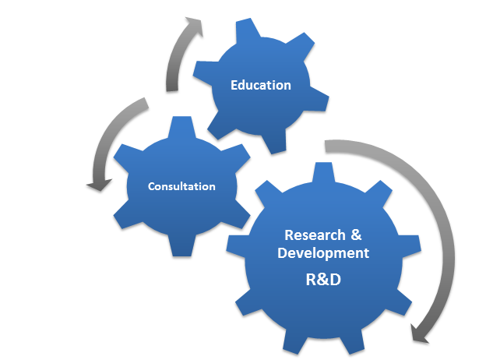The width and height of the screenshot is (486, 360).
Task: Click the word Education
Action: [x=261, y=85]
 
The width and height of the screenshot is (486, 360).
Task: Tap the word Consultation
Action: [x=181, y=186]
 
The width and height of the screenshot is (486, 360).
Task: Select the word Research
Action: [x=315, y=235]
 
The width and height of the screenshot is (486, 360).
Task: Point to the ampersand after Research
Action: [x=356, y=235]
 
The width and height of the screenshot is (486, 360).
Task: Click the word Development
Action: [x=323, y=253]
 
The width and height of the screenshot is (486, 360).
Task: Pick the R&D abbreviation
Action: [x=323, y=280]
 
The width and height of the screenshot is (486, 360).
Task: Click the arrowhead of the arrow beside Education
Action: [x=195, y=26]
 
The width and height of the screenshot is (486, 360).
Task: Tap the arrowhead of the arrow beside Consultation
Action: [x=99, y=185]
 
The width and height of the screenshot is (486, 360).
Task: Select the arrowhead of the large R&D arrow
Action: [x=419, y=334]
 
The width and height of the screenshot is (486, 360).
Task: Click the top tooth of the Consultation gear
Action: [x=182, y=126]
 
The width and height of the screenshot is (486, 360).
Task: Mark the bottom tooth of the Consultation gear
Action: [x=182, y=246]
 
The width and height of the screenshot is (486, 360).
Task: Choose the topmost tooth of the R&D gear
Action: [x=323, y=172]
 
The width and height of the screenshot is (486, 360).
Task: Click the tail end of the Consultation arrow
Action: [x=146, y=103]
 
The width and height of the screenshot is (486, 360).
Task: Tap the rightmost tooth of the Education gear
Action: [x=319, y=100]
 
